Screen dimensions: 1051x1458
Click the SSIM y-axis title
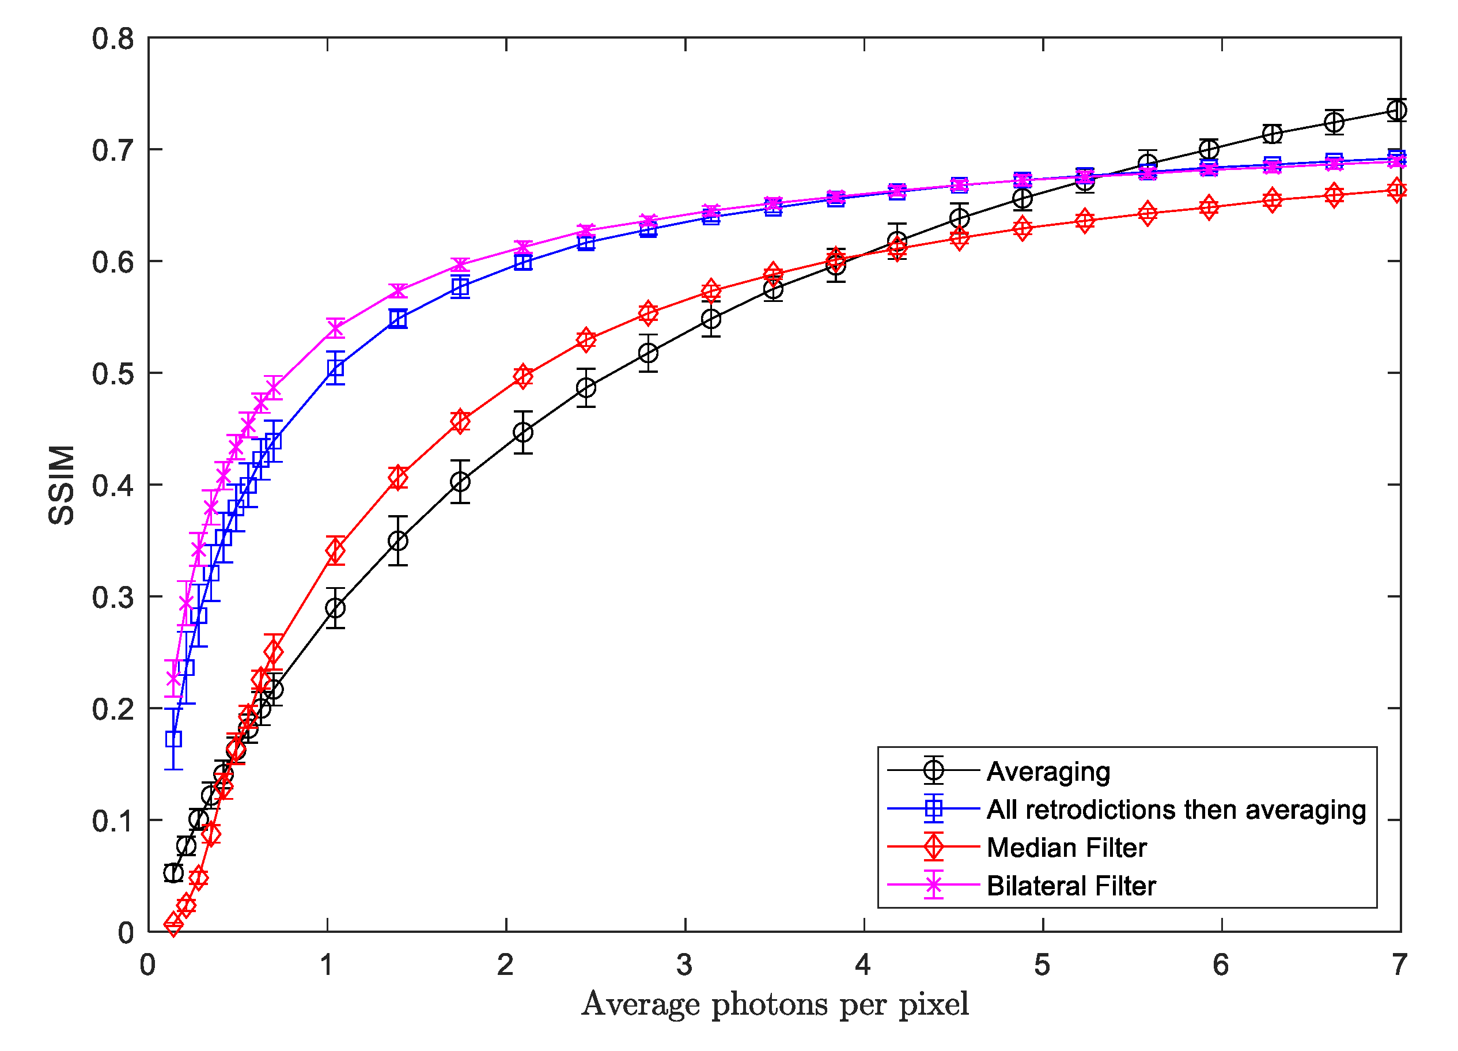click(x=62, y=485)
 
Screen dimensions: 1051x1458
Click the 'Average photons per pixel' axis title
click(x=775, y=1004)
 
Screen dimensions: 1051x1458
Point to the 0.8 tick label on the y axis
click(x=112, y=39)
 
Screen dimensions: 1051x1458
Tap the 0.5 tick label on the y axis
click(x=112, y=374)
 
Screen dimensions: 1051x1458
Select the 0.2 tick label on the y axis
click(x=112, y=709)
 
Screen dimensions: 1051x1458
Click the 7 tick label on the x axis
click(x=1399, y=965)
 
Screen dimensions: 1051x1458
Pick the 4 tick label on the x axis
click(x=863, y=965)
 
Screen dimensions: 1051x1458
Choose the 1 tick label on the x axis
click(x=327, y=965)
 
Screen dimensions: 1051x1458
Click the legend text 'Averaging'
click(x=1048, y=771)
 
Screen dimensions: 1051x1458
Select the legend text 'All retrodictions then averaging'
click(x=1176, y=809)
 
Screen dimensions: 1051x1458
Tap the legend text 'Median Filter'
click(x=1066, y=848)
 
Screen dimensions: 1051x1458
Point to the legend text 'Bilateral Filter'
click(x=1070, y=886)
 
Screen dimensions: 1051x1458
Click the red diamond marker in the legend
click(x=933, y=847)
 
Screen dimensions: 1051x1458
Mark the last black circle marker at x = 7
click(x=1396, y=111)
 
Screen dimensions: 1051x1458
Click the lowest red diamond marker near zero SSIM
click(x=173, y=925)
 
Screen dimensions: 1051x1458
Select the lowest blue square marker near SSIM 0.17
click(x=173, y=739)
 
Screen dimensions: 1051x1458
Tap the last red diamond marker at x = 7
click(x=1396, y=190)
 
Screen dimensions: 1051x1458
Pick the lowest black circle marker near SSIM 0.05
click(x=173, y=873)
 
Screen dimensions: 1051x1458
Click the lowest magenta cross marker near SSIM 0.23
click(x=173, y=679)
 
